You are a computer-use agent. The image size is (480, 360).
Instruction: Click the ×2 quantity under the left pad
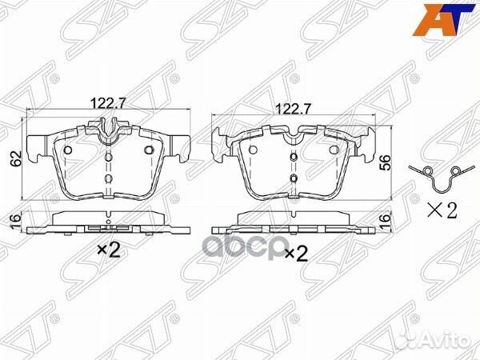pos(108,250)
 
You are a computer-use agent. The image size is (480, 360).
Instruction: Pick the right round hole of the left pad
pos(148,150)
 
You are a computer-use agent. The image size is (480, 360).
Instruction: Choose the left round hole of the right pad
pos(253,149)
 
